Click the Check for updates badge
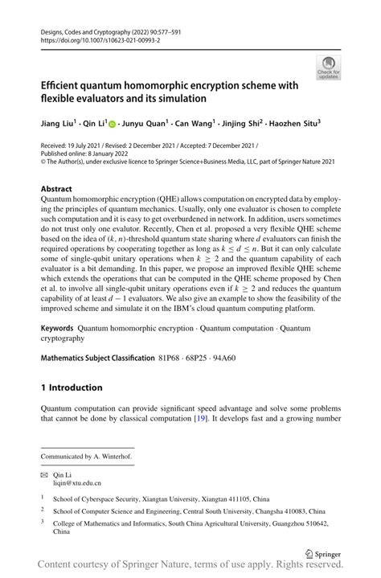[x=328, y=67]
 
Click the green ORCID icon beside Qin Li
[x=113, y=125]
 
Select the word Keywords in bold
[x=58, y=329]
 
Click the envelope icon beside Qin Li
[x=46, y=475]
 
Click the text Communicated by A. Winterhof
[x=88, y=456]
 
